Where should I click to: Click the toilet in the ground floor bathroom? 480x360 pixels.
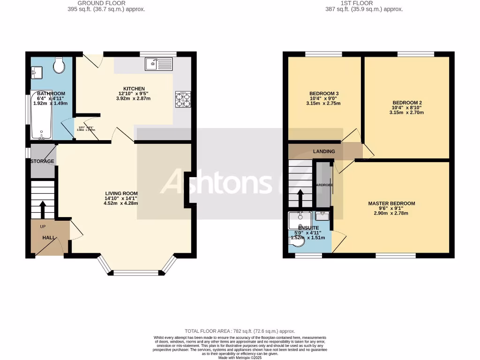[x=59, y=66]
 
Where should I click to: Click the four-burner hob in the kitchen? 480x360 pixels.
[x=183, y=99]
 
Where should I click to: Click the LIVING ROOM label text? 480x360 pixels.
[x=121, y=193]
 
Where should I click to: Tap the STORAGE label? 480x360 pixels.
[x=42, y=161]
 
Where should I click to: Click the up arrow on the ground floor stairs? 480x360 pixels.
[x=43, y=209]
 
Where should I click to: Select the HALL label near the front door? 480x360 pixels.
[x=49, y=238]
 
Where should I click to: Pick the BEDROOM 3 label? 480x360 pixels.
[x=324, y=94]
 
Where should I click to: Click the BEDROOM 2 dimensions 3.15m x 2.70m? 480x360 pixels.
[x=406, y=112]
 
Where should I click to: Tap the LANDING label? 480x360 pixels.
[x=324, y=151]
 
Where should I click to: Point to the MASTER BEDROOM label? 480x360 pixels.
[x=391, y=203]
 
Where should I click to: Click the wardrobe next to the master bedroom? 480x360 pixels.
[x=323, y=185]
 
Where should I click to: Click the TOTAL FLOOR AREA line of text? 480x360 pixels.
[x=240, y=331]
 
